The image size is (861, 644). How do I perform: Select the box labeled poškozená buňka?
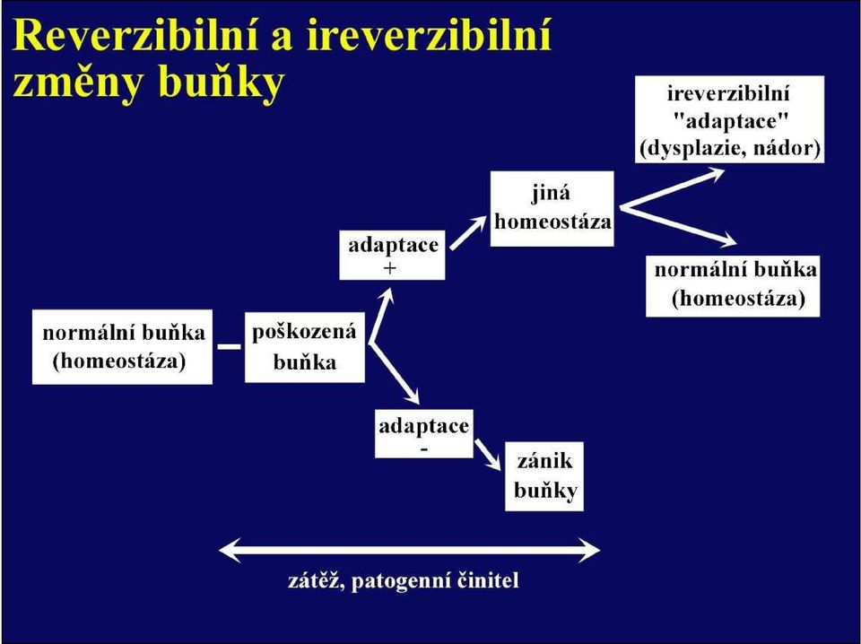click(x=304, y=347)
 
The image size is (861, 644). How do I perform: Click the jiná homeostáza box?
click(x=552, y=208)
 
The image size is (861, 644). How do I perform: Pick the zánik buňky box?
click(x=544, y=476)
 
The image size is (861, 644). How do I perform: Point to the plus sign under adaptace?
click(x=391, y=268)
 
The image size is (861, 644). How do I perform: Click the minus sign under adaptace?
click(x=424, y=448)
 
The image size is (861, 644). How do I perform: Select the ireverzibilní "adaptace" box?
click(x=730, y=119)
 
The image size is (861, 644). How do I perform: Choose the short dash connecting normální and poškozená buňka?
click(x=229, y=346)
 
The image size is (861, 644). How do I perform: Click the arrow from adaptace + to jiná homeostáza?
click(x=467, y=233)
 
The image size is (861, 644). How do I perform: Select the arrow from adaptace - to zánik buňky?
click(x=488, y=455)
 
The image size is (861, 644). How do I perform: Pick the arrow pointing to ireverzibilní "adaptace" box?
click(x=672, y=189)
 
